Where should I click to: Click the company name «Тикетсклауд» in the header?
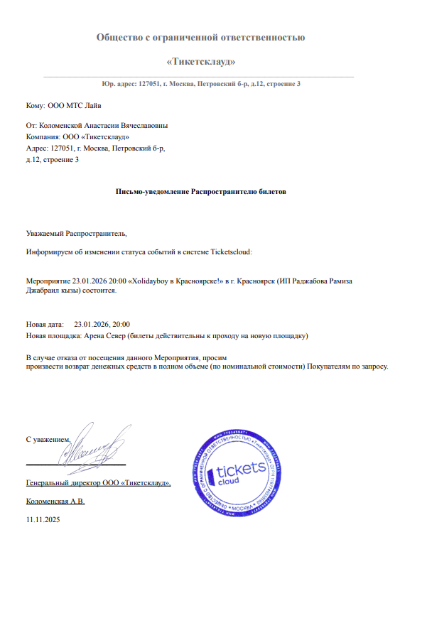(201, 62)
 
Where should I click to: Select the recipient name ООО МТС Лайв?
(74, 106)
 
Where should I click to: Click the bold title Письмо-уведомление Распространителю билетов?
(201, 192)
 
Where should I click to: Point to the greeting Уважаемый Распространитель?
(76, 232)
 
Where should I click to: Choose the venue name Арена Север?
(104, 334)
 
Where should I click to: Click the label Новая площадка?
(52, 334)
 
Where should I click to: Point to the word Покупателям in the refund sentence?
(331, 366)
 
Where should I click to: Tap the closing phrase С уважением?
(48, 440)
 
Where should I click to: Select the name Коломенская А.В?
(55, 501)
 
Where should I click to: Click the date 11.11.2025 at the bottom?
(43, 520)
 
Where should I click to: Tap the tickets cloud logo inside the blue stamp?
(239, 472)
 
